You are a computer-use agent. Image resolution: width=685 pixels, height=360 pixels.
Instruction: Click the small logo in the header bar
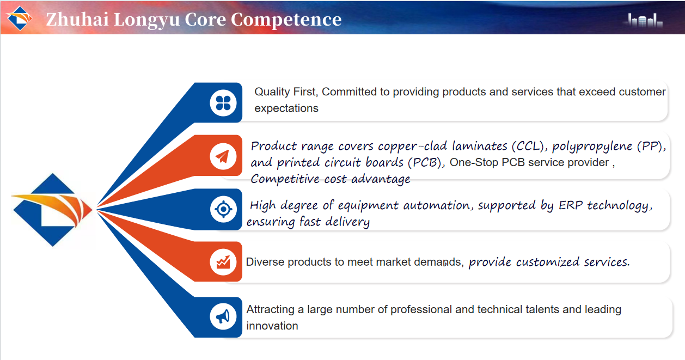point(20,18)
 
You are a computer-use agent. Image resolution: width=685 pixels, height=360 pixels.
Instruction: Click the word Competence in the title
point(286,20)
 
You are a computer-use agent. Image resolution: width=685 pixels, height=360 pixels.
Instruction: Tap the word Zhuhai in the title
point(77,19)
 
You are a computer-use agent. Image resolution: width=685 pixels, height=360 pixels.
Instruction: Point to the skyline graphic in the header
point(643,21)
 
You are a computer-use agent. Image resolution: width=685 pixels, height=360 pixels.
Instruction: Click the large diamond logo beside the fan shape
point(52,210)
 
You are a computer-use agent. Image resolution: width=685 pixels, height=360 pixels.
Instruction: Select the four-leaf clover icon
point(223,103)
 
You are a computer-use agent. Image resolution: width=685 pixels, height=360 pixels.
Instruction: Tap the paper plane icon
point(223,156)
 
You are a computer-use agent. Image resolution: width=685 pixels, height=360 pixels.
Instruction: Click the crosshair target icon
point(224,210)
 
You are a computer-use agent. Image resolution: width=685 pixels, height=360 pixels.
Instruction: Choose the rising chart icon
point(223,262)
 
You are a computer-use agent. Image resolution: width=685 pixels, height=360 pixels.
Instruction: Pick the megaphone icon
point(223,316)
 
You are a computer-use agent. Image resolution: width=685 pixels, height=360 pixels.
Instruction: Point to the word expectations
point(286,108)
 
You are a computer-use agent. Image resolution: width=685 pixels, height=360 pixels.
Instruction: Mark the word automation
point(437,205)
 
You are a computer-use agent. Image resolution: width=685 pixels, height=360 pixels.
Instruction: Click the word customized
point(548,262)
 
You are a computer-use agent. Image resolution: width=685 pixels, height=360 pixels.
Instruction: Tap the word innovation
point(272,326)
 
